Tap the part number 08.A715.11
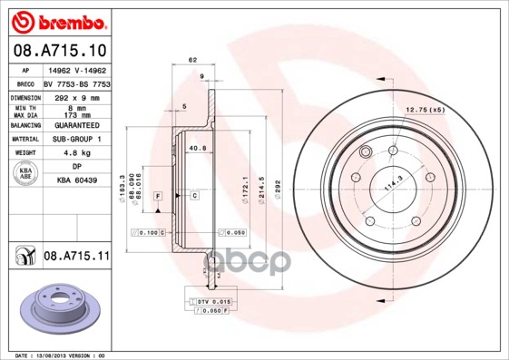pos(75,257)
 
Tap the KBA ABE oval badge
pos(25,175)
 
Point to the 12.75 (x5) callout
pos(426,110)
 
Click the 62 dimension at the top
pos(191,60)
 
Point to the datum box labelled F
pos(158,195)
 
